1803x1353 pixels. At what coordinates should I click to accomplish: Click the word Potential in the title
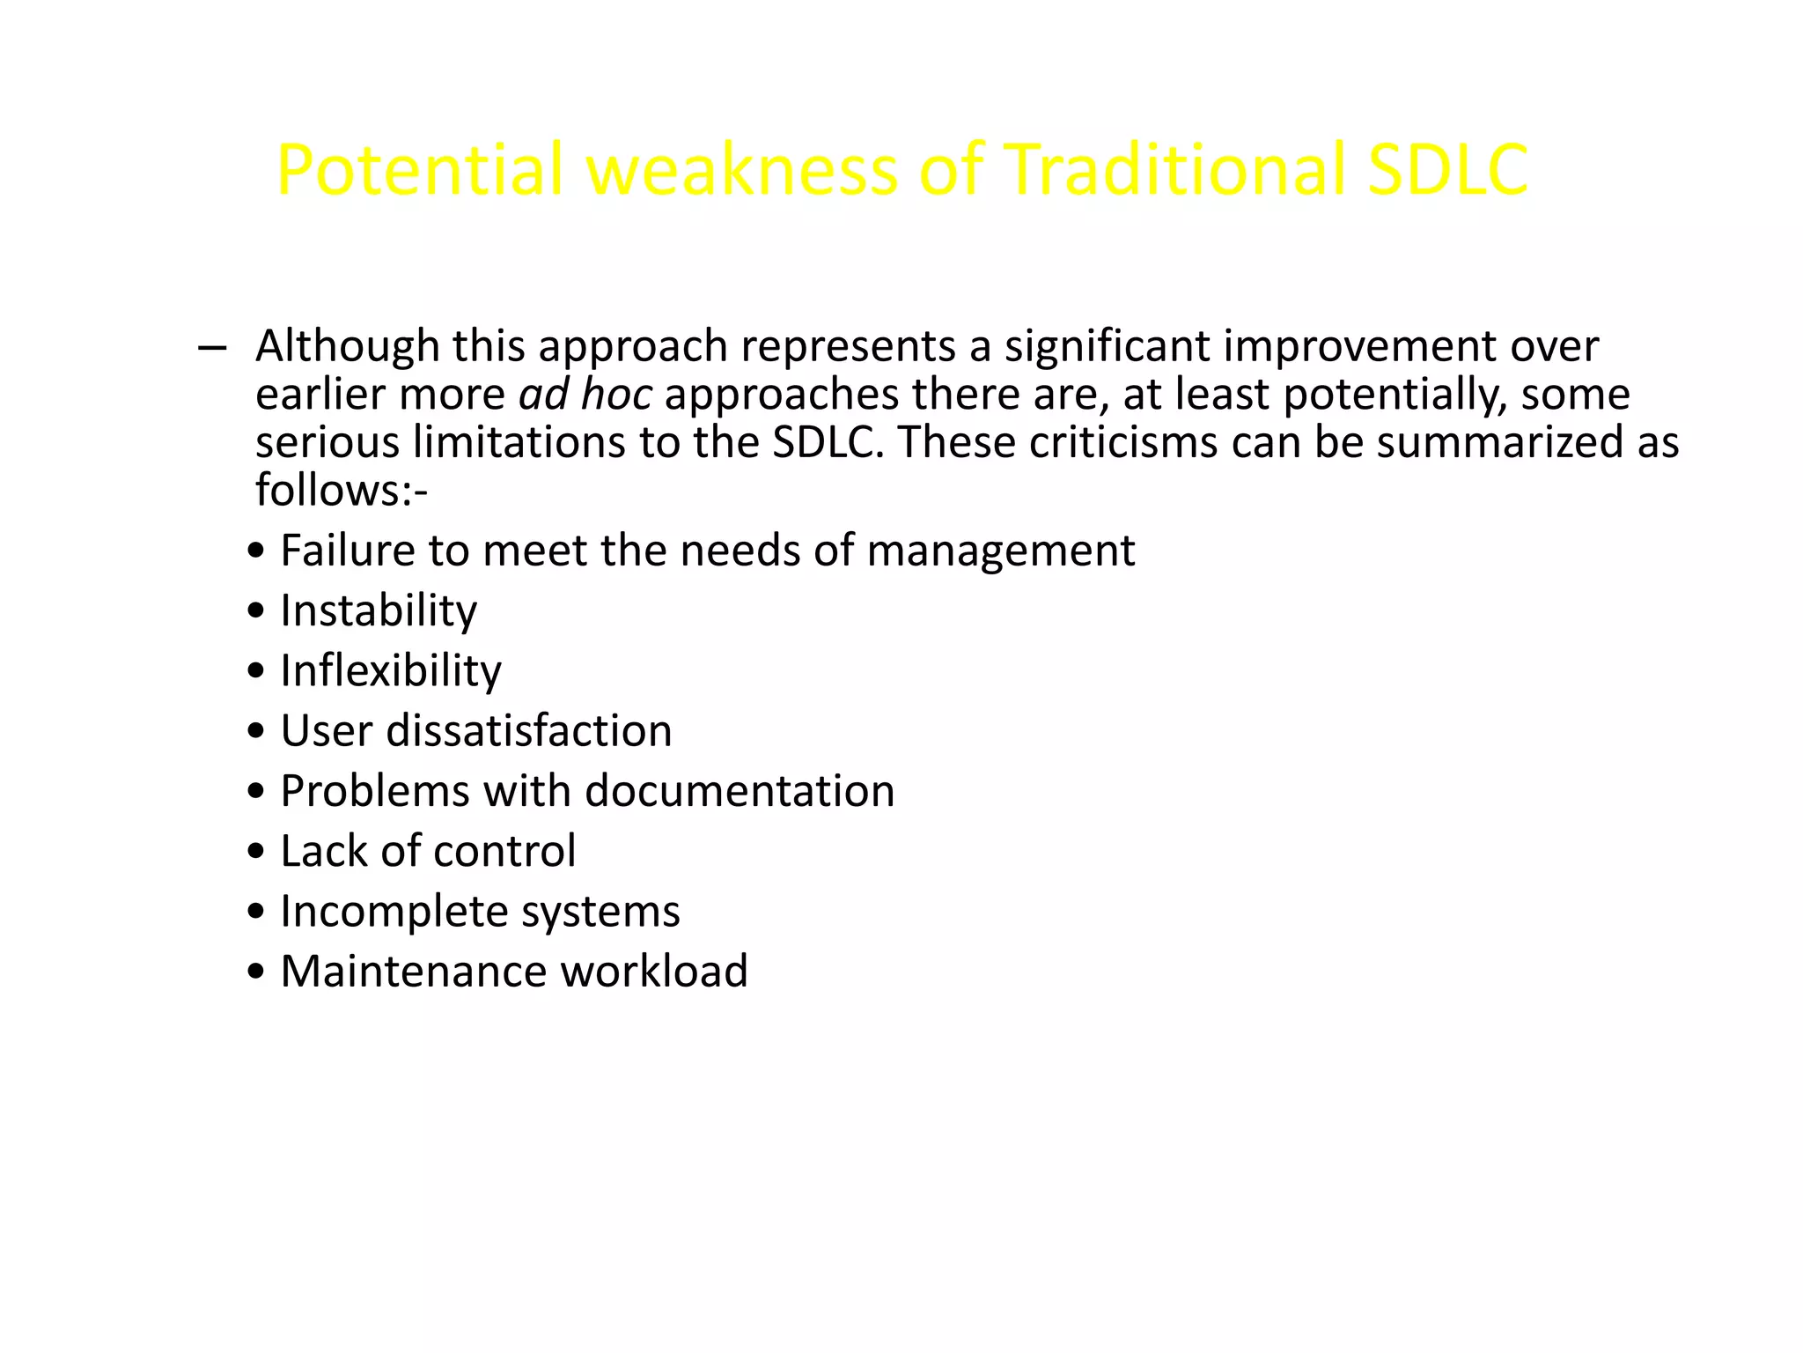(x=419, y=169)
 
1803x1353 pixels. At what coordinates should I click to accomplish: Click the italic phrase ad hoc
(x=585, y=394)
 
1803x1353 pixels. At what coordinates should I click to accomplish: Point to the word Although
(x=347, y=346)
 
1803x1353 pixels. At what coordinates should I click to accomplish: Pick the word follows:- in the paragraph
(x=341, y=490)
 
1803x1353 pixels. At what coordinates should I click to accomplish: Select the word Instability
(x=379, y=610)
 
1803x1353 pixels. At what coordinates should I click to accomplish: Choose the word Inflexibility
(x=391, y=670)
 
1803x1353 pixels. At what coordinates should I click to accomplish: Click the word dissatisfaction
(x=529, y=731)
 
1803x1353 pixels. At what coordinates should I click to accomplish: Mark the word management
(x=1001, y=551)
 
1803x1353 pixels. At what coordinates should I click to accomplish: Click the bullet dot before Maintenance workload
(x=256, y=972)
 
